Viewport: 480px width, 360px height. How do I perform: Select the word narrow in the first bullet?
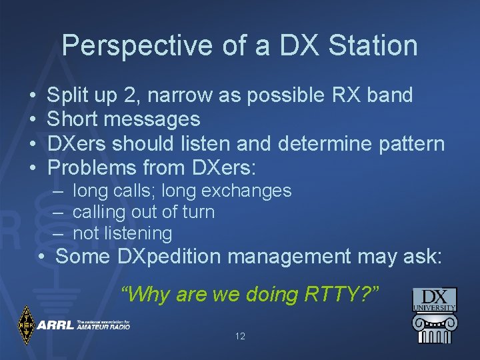(x=179, y=95)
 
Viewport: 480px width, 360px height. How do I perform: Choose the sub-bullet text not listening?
(x=122, y=233)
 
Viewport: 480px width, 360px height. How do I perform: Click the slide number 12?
(x=240, y=337)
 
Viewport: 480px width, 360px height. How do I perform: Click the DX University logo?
(x=434, y=316)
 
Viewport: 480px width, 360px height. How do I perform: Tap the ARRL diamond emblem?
(x=26, y=325)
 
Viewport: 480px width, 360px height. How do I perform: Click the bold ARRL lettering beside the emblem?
(x=55, y=326)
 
